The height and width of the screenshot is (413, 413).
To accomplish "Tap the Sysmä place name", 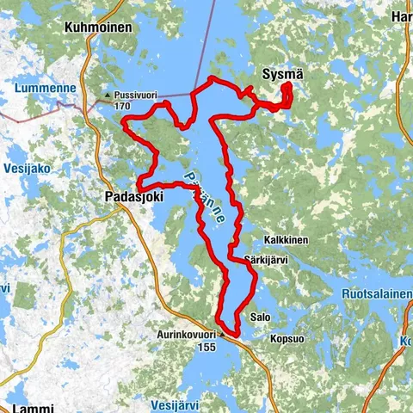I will pos(281,76).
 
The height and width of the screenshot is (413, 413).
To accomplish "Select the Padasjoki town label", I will pos(130,196).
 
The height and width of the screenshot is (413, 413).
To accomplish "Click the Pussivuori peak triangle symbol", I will pos(106,96).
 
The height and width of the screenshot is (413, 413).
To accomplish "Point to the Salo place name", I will pos(260,317).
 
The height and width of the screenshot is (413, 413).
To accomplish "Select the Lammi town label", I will pos(32,406).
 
